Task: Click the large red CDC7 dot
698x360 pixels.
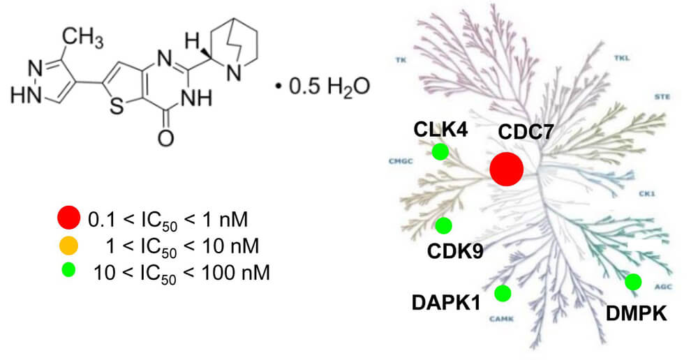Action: [506, 169]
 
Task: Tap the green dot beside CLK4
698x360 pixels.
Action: [440, 151]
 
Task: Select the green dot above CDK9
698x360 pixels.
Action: [443, 225]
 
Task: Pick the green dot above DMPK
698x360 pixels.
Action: [633, 282]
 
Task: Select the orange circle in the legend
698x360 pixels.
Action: [68, 246]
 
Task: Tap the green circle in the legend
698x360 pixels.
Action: [68, 271]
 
